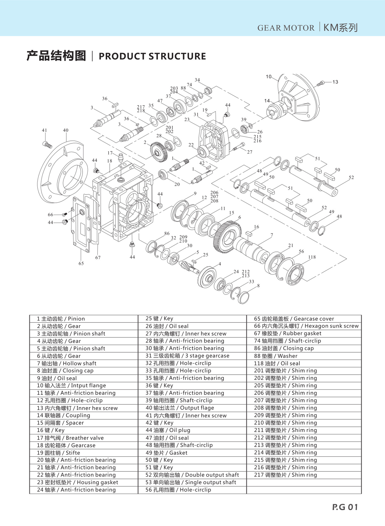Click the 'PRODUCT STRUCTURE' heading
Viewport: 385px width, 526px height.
pos(152,56)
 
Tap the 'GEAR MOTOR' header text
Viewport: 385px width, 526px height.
pos(286,28)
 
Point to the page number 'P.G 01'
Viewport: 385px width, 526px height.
pos(345,507)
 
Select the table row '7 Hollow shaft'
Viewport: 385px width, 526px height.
pos(67,364)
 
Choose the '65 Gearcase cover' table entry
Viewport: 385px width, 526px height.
pos(294,319)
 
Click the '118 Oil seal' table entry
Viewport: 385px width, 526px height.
pos(277,364)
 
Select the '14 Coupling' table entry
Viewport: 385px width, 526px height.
pos(63,415)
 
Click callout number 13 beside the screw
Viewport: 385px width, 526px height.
pos(335,82)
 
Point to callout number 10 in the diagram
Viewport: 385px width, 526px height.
pos(268,77)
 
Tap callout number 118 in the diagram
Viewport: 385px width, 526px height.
pos(312,257)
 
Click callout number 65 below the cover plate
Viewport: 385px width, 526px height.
pos(81,263)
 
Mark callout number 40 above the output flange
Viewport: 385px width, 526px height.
pos(66,130)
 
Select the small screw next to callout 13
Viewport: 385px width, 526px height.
pos(321,84)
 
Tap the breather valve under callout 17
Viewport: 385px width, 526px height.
pos(120,158)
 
